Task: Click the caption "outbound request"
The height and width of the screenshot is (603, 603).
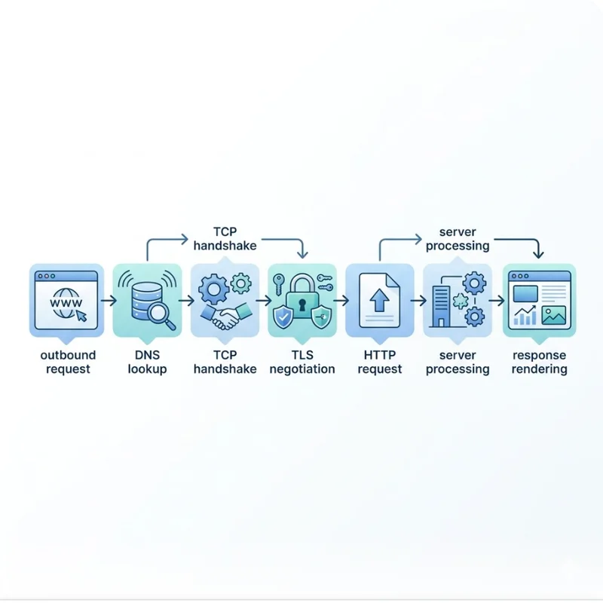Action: click(67, 362)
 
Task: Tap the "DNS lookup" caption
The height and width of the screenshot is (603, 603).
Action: click(148, 362)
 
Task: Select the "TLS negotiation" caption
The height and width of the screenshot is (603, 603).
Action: click(301, 362)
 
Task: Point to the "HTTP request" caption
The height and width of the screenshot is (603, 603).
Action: click(380, 362)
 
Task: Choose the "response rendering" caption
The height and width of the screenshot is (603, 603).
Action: click(539, 362)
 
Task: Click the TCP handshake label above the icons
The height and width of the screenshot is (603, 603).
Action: click(225, 238)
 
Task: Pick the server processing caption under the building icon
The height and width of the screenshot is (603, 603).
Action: click(458, 362)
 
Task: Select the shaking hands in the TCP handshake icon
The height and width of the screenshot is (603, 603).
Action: click(225, 317)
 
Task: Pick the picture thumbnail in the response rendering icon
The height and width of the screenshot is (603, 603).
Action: click(554, 316)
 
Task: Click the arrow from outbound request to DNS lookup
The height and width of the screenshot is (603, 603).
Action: click(108, 301)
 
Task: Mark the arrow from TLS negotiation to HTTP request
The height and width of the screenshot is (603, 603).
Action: click(340, 301)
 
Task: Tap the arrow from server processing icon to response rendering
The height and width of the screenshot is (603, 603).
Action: click(496, 301)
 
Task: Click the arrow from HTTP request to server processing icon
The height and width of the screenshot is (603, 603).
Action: click(418, 301)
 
